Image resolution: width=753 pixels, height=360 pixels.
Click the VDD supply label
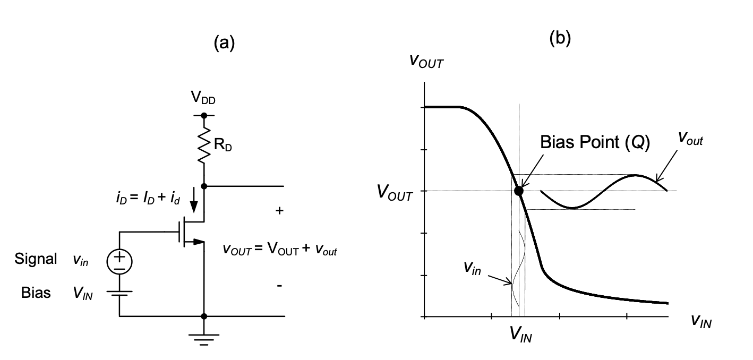pos(203,98)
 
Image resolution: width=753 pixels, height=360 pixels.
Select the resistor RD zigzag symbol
pos(204,145)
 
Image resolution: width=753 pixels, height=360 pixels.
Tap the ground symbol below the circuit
pos(204,340)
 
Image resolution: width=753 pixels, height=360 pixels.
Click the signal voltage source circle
pos(119,262)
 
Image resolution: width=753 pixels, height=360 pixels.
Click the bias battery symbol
pos(119,293)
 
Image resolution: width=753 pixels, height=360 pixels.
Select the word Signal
pos(36,259)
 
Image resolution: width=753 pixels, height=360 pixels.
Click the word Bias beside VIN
pos(36,293)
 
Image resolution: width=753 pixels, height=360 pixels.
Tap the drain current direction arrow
pos(194,200)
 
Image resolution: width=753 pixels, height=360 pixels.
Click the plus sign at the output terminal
pos(279,211)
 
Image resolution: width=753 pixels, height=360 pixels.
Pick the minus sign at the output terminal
pos(279,286)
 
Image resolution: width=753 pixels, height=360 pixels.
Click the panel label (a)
pos(224,43)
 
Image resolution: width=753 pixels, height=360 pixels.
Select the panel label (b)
pos(560,38)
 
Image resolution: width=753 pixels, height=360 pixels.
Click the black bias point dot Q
pos(519,191)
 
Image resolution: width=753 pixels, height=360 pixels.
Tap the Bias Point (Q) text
pos(595,142)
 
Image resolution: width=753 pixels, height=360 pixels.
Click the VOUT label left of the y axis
pos(395,192)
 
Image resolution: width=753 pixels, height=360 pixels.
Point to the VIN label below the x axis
pos(521,335)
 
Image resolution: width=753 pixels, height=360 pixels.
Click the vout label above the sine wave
pos(690,138)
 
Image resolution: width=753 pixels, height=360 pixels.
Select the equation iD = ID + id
pos(148,198)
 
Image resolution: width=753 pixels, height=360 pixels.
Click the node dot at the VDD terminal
pos(204,116)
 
